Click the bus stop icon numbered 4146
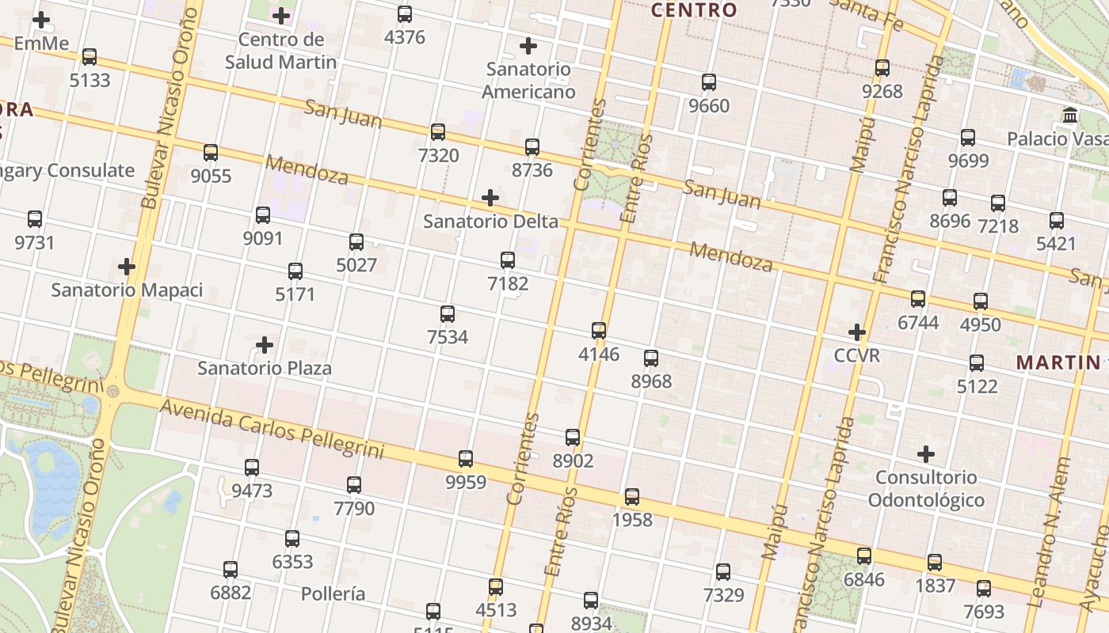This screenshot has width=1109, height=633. coord(599,331)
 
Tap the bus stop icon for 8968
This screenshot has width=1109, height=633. coord(651,358)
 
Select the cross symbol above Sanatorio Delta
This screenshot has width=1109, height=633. coord(490,197)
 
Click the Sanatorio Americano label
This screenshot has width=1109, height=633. coord(528,80)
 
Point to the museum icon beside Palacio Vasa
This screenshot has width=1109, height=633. coord(1070,116)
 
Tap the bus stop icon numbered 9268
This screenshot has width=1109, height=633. coord(882,68)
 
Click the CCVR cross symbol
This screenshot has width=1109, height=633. coord(856,332)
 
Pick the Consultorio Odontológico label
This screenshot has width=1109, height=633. coord(926,488)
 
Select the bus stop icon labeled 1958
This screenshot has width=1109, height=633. coord(632,497)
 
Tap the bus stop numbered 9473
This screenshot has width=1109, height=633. coord(252,467)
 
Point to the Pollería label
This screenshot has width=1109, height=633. coord(333,593)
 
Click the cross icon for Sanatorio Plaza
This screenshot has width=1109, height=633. coord(265,345)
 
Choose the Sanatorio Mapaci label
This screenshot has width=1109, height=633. coord(127,290)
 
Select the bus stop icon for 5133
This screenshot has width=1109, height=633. coord(90,57)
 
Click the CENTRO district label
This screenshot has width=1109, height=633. coord(694,10)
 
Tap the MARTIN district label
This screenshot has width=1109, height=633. coord(1058,362)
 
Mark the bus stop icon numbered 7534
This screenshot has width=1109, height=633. coord(448,314)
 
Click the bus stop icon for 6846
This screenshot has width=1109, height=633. coord(864,556)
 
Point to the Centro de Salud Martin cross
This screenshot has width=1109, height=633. coord(280,15)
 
